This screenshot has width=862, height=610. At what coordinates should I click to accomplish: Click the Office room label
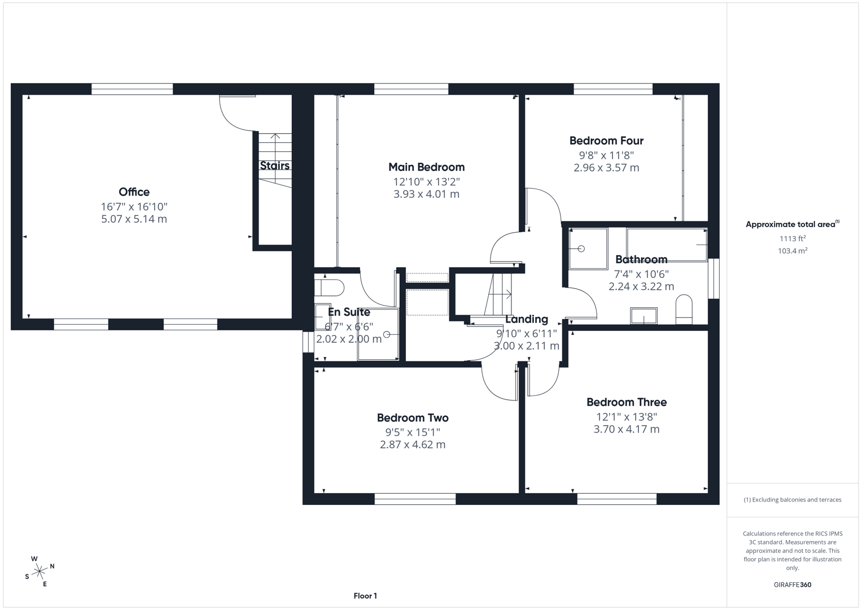click(134, 192)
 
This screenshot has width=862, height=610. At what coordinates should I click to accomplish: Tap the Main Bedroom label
click(426, 167)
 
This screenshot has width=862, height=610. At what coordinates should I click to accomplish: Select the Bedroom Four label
click(606, 141)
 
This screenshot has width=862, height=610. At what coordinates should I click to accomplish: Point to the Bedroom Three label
click(626, 402)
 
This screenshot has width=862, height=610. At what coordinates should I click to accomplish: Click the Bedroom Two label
click(413, 418)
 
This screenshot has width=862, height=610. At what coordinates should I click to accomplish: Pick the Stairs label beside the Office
click(274, 165)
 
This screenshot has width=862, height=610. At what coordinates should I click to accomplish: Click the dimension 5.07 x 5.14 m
click(134, 219)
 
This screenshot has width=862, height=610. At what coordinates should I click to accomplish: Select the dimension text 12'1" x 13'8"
click(626, 417)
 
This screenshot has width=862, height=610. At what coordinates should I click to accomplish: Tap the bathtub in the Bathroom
click(667, 245)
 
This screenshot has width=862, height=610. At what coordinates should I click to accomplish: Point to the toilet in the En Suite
click(330, 287)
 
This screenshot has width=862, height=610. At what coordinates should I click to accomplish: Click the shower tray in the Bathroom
click(588, 249)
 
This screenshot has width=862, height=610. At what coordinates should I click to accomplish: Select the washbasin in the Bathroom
click(644, 316)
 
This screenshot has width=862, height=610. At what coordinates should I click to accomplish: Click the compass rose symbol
click(39, 572)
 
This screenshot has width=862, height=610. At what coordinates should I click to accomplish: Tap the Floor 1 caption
click(365, 596)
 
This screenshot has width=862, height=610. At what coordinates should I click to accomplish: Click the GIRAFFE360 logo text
click(792, 585)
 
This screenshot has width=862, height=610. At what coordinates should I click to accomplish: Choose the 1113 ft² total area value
click(792, 238)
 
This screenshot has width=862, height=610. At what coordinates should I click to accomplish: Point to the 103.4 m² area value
click(792, 251)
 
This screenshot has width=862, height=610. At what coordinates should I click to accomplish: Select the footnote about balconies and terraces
click(792, 500)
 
